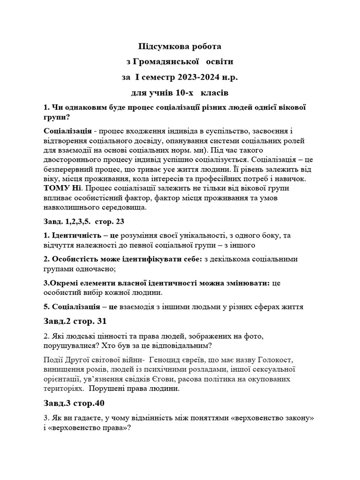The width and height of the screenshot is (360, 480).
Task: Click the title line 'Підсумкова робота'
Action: (x=180, y=47)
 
